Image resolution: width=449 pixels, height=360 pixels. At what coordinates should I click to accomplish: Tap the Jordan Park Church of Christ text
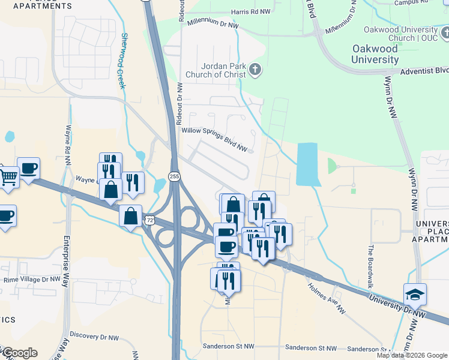click(216, 70)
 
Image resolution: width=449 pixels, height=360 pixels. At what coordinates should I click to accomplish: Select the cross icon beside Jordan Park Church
click(255, 70)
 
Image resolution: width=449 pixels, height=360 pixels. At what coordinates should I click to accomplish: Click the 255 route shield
click(174, 176)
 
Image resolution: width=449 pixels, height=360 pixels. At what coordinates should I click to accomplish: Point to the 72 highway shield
click(148, 221)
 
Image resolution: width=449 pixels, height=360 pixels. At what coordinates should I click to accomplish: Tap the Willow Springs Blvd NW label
click(215, 139)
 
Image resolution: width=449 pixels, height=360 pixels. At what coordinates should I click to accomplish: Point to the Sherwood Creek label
click(124, 61)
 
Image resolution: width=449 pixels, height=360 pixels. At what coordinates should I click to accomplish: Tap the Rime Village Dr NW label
click(32, 280)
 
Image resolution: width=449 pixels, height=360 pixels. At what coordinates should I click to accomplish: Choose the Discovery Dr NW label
click(92, 335)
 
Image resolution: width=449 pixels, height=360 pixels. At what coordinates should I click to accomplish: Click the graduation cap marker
click(415, 294)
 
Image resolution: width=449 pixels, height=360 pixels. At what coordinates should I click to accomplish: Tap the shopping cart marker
click(8, 176)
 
